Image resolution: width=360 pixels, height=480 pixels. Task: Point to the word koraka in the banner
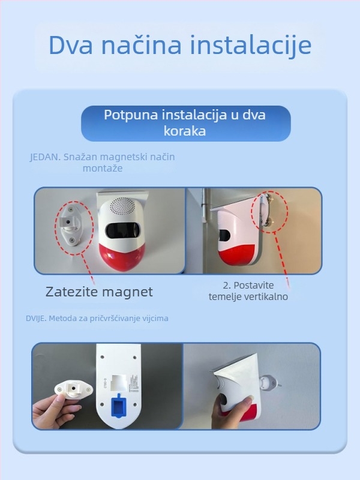[x=185, y=131]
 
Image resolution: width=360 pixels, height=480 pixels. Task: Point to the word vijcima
[x=155, y=319]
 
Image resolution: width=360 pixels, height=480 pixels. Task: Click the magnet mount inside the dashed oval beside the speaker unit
[x=70, y=227]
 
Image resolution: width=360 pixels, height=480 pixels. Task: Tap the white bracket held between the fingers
[x=72, y=390]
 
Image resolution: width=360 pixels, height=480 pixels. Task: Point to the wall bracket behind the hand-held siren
[x=269, y=382]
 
